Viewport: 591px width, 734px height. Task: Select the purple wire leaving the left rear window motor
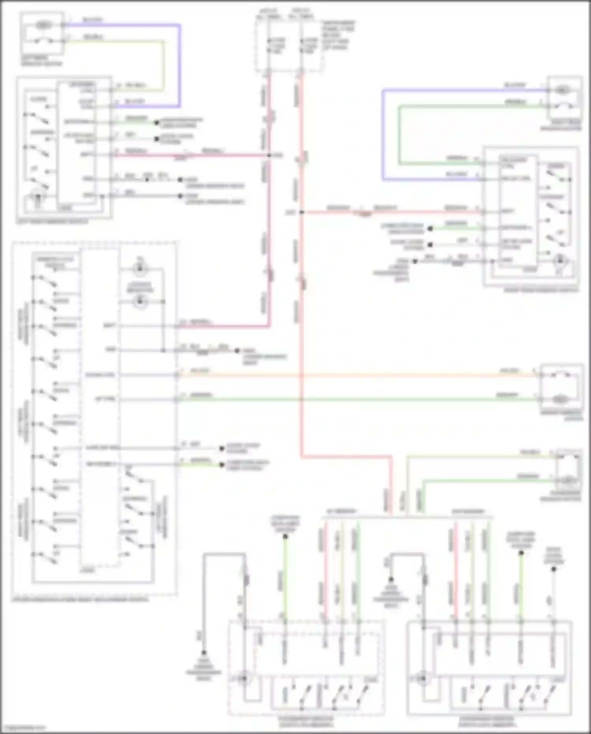tap(180, 63)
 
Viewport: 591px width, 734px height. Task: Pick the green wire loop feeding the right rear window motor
tap(400, 134)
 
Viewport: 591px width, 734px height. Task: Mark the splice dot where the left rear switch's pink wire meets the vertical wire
tap(269, 155)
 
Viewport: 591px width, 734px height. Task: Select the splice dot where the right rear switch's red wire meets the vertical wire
tap(301, 212)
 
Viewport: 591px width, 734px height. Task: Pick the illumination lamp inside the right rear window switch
tap(559, 260)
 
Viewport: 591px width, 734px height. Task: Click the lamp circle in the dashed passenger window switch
tap(244, 679)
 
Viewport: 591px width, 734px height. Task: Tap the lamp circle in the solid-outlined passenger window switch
tap(423, 679)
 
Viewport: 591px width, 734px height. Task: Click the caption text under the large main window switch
tap(81, 600)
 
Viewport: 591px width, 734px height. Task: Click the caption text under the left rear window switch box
tap(52, 222)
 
